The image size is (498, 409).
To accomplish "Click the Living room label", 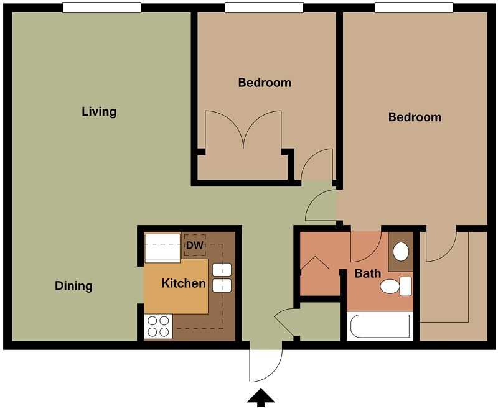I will pyautogui.click(x=99, y=112).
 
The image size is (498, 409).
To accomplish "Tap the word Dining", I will pyautogui.click(x=73, y=286).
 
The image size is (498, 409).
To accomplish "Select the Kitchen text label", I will pyautogui.click(x=184, y=283).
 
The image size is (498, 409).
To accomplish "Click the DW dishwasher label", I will pyautogui.click(x=195, y=246).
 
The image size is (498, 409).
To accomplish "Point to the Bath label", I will pyautogui.click(x=368, y=273).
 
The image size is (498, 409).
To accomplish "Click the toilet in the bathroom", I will pyautogui.click(x=395, y=286).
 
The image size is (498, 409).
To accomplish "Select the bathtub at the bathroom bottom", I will pyautogui.click(x=380, y=326).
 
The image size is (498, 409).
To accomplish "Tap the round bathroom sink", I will pyautogui.click(x=401, y=252).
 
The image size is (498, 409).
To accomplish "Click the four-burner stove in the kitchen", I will pyautogui.click(x=158, y=326).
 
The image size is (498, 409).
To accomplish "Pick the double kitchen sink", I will pyautogui.click(x=222, y=277).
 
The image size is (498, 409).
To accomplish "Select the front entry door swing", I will pyautogui.click(x=265, y=364).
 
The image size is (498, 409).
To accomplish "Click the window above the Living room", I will pyautogui.click(x=101, y=7).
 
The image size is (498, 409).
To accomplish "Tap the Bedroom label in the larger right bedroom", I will pyautogui.click(x=415, y=117).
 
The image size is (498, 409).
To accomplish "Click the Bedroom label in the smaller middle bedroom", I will pyautogui.click(x=265, y=82).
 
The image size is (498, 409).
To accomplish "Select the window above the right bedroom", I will pyautogui.click(x=414, y=7).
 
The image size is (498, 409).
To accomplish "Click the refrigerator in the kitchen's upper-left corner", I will pyautogui.click(x=162, y=247).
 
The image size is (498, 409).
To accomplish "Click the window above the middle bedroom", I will pyautogui.click(x=264, y=7).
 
